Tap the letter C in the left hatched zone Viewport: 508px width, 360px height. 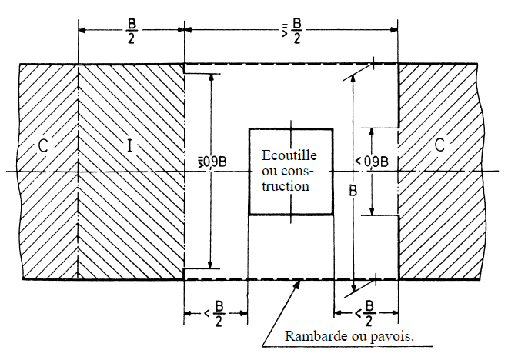click(x=43, y=145)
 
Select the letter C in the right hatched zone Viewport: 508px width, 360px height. click(x=439, y=145)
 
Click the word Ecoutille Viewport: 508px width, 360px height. click(x=289, y=155)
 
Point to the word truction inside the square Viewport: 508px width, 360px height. click(x=286, y=186)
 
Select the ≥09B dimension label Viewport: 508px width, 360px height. click(x=212, y=162)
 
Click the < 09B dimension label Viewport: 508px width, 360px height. click(x=372, y=162)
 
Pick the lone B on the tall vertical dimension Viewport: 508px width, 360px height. click(x=353, y=191)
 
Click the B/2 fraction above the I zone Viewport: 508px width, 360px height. click(x=131, y=31)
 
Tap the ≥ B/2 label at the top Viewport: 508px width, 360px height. click(x=292, y=31)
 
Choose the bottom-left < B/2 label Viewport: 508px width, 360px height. click(x=215, y=313)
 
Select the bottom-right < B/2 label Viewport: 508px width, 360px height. click(x=365, y=313)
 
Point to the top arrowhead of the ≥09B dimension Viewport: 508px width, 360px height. click(x=211, y=77)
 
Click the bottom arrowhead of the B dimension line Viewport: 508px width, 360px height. click(x=354, y=288)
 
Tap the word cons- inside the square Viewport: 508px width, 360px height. click(x=286, y=171)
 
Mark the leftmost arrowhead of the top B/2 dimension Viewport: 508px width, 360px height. click(x=82, y=30)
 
